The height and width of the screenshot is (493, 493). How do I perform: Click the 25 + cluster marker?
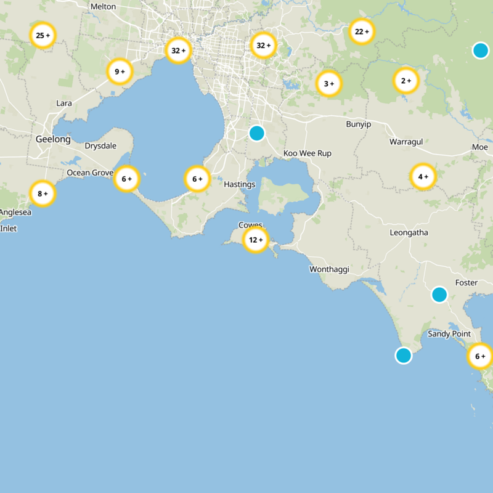pos(43,36)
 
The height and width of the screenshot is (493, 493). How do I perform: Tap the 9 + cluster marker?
pos(120,71)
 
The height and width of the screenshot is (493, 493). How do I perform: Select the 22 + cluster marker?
pos(362,31)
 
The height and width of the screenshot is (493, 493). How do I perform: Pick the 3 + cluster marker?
pos(328,83)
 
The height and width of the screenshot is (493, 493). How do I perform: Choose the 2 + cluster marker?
pos(405,80)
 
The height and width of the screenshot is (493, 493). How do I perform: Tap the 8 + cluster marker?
pos(43,194)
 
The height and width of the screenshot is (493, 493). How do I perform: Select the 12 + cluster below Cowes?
pos(255,240)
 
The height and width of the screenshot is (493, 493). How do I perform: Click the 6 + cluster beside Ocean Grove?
pos(126,179)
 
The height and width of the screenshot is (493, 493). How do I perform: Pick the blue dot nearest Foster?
pos(439,295)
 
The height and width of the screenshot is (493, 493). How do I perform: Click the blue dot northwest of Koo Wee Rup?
pos(257,132)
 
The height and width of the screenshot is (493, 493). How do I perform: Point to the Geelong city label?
pos(53,139)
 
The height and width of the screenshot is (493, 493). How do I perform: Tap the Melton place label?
pos(103,6)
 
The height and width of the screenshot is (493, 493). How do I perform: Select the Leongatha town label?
pos(409,232)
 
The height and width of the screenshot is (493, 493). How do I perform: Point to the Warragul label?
pos(406,142)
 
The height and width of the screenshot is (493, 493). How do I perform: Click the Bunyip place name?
pos(358,124)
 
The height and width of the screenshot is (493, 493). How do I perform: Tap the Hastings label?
pos(239,184)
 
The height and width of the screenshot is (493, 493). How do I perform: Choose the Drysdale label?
pos(100,147)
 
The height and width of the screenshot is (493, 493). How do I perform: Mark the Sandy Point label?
pos(449,334)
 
